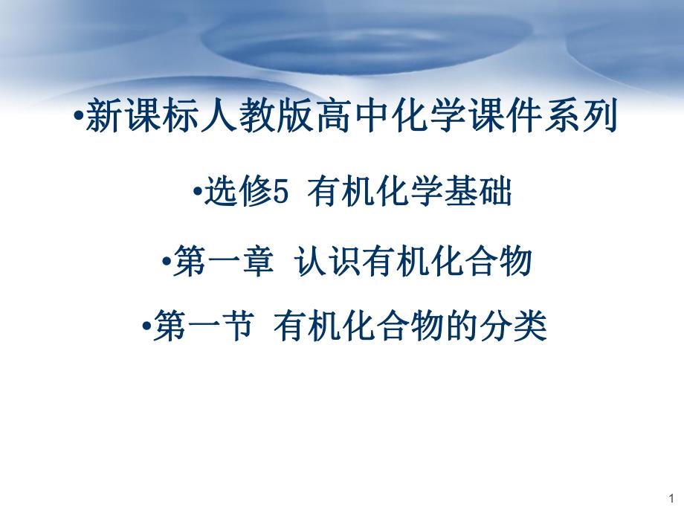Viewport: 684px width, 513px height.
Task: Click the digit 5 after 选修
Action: tap(280, 196)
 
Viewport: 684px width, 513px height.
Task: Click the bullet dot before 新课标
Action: tap(79, 119)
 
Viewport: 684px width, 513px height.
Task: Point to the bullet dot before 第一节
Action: tap(144, 326)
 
